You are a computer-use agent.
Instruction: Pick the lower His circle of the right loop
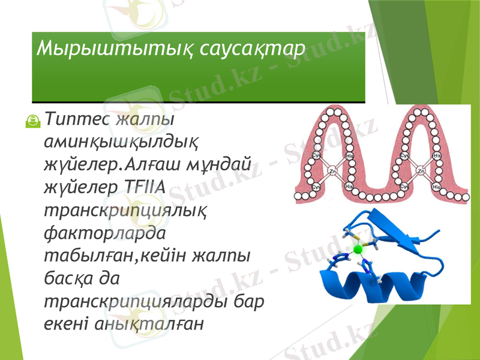coord(438,187)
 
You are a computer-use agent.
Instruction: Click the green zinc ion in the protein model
coord(358,248)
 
